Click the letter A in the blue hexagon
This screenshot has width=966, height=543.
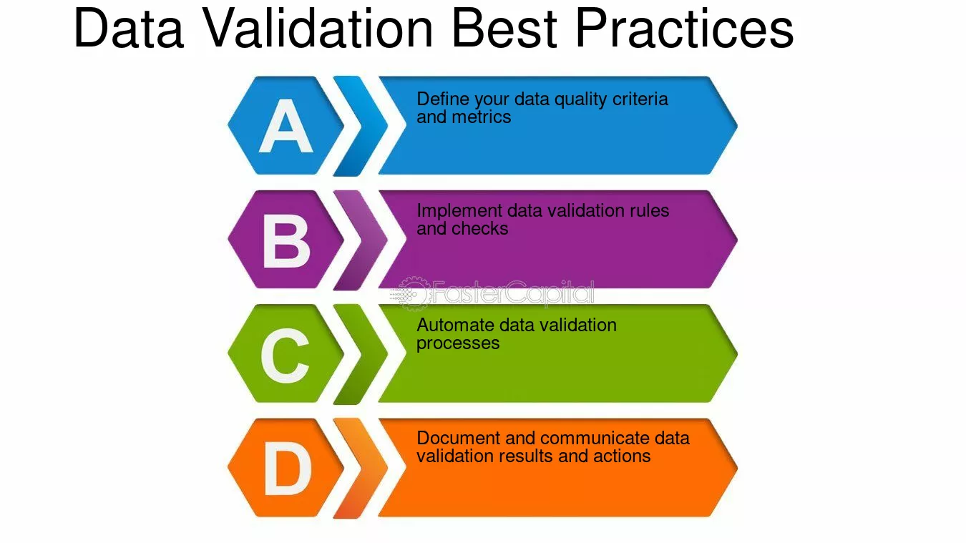[286, 125]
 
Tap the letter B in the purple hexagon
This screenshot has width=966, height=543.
[286, 240]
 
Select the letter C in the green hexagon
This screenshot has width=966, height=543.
[285, 356]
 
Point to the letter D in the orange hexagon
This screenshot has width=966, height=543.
[287, 469]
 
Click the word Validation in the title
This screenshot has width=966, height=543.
[318, 28]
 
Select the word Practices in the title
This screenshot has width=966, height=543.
[684, 28]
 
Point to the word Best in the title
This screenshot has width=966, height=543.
[504, 28]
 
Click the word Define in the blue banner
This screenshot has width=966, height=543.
[443, 99]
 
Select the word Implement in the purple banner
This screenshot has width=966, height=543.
[459, 212]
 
